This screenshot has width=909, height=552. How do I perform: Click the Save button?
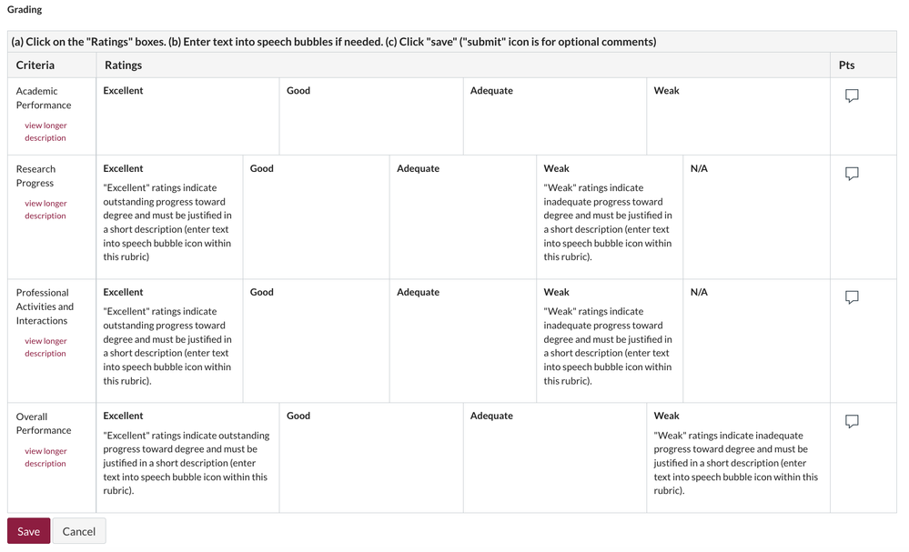(28, 531)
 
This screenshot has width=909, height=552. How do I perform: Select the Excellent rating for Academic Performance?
(187, 116)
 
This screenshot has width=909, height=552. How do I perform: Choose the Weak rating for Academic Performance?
(738, 116)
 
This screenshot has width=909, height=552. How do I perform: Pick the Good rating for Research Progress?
(316, 216)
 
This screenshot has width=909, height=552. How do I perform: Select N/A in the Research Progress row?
(756, 216)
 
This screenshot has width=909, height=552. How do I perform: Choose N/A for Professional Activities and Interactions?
(756, 340)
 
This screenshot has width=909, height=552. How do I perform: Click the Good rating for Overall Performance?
(370, 457)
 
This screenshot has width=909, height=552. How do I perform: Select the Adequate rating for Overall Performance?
(554, 457)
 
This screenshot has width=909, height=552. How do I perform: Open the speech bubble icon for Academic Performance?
(852, 95)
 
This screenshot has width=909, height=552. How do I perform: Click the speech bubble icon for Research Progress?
(852, 174)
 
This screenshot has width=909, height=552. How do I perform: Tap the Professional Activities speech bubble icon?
(852, 297)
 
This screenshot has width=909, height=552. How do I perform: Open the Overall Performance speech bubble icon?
(852, 421)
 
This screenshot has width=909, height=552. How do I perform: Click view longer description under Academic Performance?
(45, 132)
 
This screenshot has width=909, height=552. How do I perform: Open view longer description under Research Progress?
(45, 210)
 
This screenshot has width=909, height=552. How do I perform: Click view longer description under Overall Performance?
(45, 457)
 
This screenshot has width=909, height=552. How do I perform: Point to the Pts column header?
(846, 65)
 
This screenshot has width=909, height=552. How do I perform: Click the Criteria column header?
(35, 65)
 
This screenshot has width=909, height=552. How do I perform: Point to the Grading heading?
(25, 10)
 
